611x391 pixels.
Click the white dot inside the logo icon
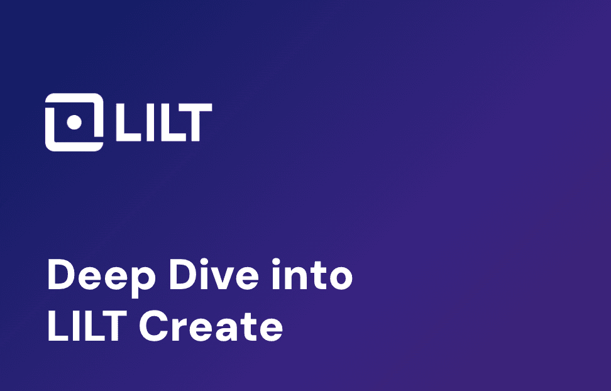(x=74, y=122)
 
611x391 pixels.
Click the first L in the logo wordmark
(x=127, y=122)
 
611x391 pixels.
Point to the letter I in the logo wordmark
(x=149, y=122)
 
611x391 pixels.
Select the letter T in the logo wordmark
(x=196, y=122)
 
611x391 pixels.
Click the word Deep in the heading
(x=101, y=275)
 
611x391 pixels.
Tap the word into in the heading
(x=312, y=275)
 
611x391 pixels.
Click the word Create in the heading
(x=211, y=326)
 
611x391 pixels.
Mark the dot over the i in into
(x=275, y=262)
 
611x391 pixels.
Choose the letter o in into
(x=341, y=278)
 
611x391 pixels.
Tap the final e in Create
(x=271, y=331)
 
